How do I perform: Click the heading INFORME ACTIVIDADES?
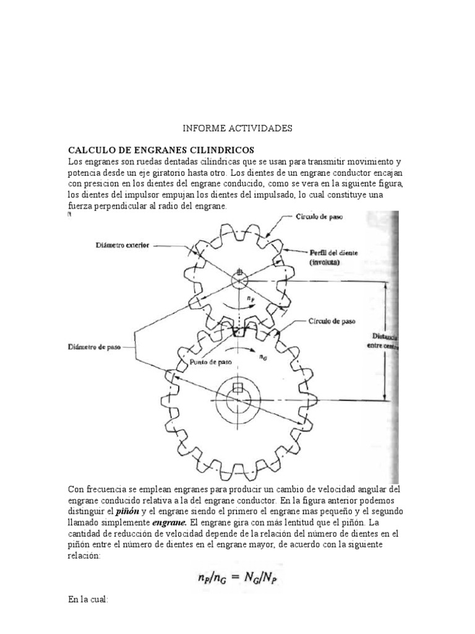tap(237, 129)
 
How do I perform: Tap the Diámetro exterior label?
tap(122, 245)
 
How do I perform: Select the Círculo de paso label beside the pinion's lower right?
tap(332, 322)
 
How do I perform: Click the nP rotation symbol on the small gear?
tap(249, 299)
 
